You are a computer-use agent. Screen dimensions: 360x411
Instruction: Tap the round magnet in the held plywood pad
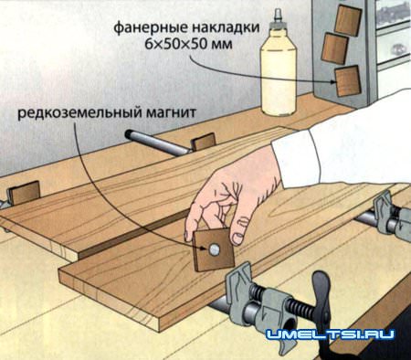pyautogui.click(x=212, y=247)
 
